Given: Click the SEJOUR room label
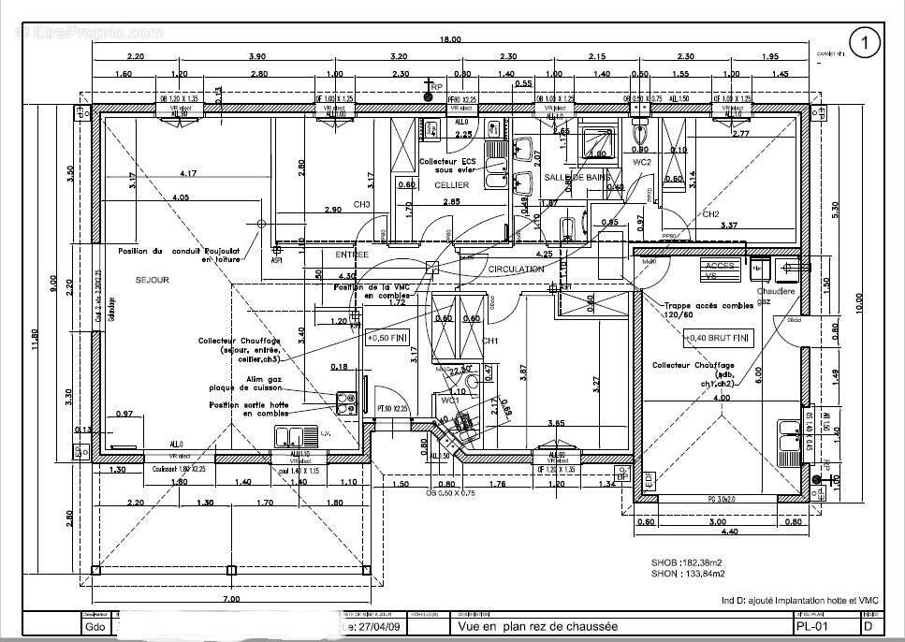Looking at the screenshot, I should (152, 280).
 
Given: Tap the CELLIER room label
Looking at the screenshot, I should (452, 185).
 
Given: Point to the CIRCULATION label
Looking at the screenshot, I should (516, 270).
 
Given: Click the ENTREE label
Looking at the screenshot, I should (352, 255).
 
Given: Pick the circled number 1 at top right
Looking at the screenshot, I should (865, 41).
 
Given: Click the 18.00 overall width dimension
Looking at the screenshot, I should (452, 39).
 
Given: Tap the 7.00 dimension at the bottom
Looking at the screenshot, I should (231, 598).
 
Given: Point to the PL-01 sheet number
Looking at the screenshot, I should (810, 626).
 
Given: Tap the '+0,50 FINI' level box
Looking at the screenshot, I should (387, 337).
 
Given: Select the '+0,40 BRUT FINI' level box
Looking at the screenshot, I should (718, 337).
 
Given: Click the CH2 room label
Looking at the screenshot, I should (710, 214).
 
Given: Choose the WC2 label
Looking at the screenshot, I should (642, 162).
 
